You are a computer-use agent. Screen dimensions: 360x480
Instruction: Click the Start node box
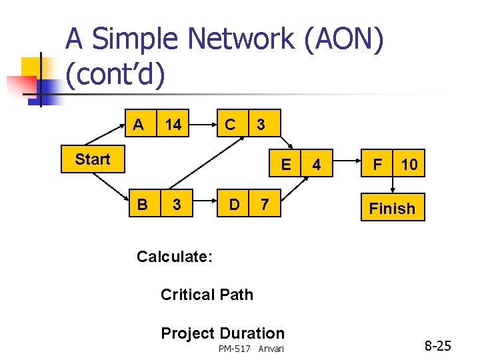tap(93, 159)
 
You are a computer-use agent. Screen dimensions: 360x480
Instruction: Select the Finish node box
tap(392, 208)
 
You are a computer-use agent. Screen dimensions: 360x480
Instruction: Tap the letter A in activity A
tap(138, 124)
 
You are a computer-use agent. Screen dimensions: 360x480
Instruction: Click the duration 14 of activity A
tap(173, 125)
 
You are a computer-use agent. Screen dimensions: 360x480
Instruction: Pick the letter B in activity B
tap(142, 204)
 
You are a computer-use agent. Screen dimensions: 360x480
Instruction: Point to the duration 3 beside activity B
tap(176, 205)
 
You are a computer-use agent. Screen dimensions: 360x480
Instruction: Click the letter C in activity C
tap(230, 124)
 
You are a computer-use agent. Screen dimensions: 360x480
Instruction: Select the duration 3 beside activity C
tap(261, 125)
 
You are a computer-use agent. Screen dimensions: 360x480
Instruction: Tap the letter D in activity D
tap(235, 204)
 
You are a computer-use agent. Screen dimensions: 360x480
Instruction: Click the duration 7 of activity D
tap(265, 205)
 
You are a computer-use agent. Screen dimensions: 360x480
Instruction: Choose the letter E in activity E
tap(286, 164)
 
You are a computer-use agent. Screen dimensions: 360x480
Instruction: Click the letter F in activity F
tap(378, 164)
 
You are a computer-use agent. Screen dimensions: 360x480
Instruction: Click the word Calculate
tap(174, 257)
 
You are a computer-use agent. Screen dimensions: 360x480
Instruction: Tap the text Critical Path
tap(207, 295)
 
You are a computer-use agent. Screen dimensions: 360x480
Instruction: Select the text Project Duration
tap(223, 333)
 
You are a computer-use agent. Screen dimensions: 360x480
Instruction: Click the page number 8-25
tap(438, 346)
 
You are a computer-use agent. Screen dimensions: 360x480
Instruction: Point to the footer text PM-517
tap(235, 349)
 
